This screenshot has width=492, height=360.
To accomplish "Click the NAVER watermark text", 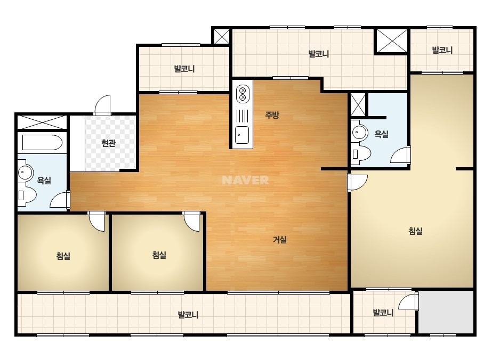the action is coord(245,180).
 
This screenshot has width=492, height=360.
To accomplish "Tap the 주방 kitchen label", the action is coord(272,115).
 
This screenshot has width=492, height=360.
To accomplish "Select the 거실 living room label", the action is coord(279,240).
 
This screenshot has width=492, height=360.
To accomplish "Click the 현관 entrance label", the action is coord(109,143).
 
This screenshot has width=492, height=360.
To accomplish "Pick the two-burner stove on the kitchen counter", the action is coord(242,94).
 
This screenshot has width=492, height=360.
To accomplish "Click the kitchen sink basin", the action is coord(242,135).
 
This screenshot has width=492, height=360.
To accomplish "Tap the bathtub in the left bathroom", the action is coord(42,143).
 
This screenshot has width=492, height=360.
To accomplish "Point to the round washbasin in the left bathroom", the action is coord(25,172).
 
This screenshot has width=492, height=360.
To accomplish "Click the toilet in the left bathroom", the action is coord(27,194).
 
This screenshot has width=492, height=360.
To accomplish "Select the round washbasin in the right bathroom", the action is coord(360,132).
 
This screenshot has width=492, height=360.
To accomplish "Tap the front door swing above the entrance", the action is coord(102,105).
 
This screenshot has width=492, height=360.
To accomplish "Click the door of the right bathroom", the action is coord(401,155).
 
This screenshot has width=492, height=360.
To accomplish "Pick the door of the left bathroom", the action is coord(60,200).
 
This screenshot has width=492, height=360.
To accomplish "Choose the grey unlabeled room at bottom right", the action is coord(446,312).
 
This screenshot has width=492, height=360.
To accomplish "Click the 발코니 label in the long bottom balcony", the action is coord(188,315).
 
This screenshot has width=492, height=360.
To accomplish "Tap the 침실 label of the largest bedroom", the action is coord(415,231).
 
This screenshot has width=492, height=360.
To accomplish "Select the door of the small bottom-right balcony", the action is coord(408,301).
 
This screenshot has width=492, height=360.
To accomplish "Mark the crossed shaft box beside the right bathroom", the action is coord(358,104).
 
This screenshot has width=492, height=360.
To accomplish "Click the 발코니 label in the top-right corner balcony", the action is coord(442,50).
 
